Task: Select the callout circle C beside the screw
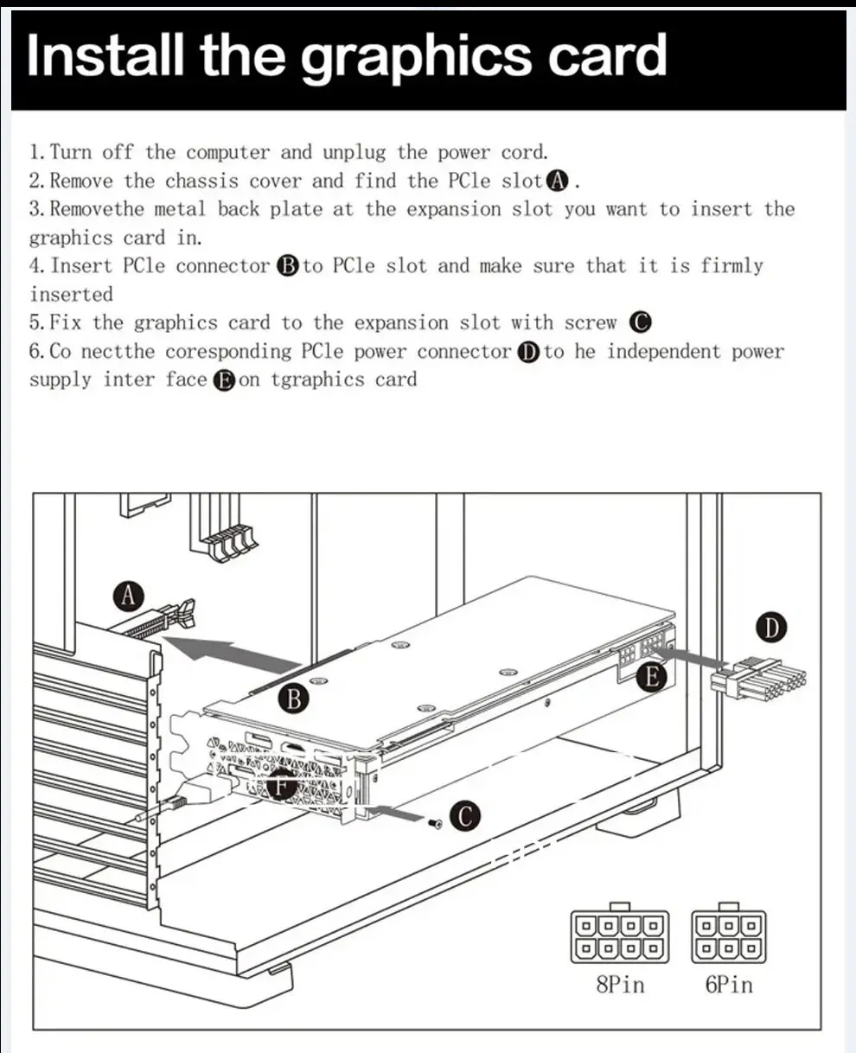[465, 816]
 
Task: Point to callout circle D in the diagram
[771, 628]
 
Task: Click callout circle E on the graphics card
[651, 677]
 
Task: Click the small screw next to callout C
[435, 823]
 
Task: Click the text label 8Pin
[620, 985]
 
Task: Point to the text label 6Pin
[729, 985]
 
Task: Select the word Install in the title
[105, 55]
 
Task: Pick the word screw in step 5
[591, 323]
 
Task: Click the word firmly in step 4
[732, 266]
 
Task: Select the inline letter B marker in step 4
[287, 266]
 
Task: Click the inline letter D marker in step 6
[527, 352]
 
